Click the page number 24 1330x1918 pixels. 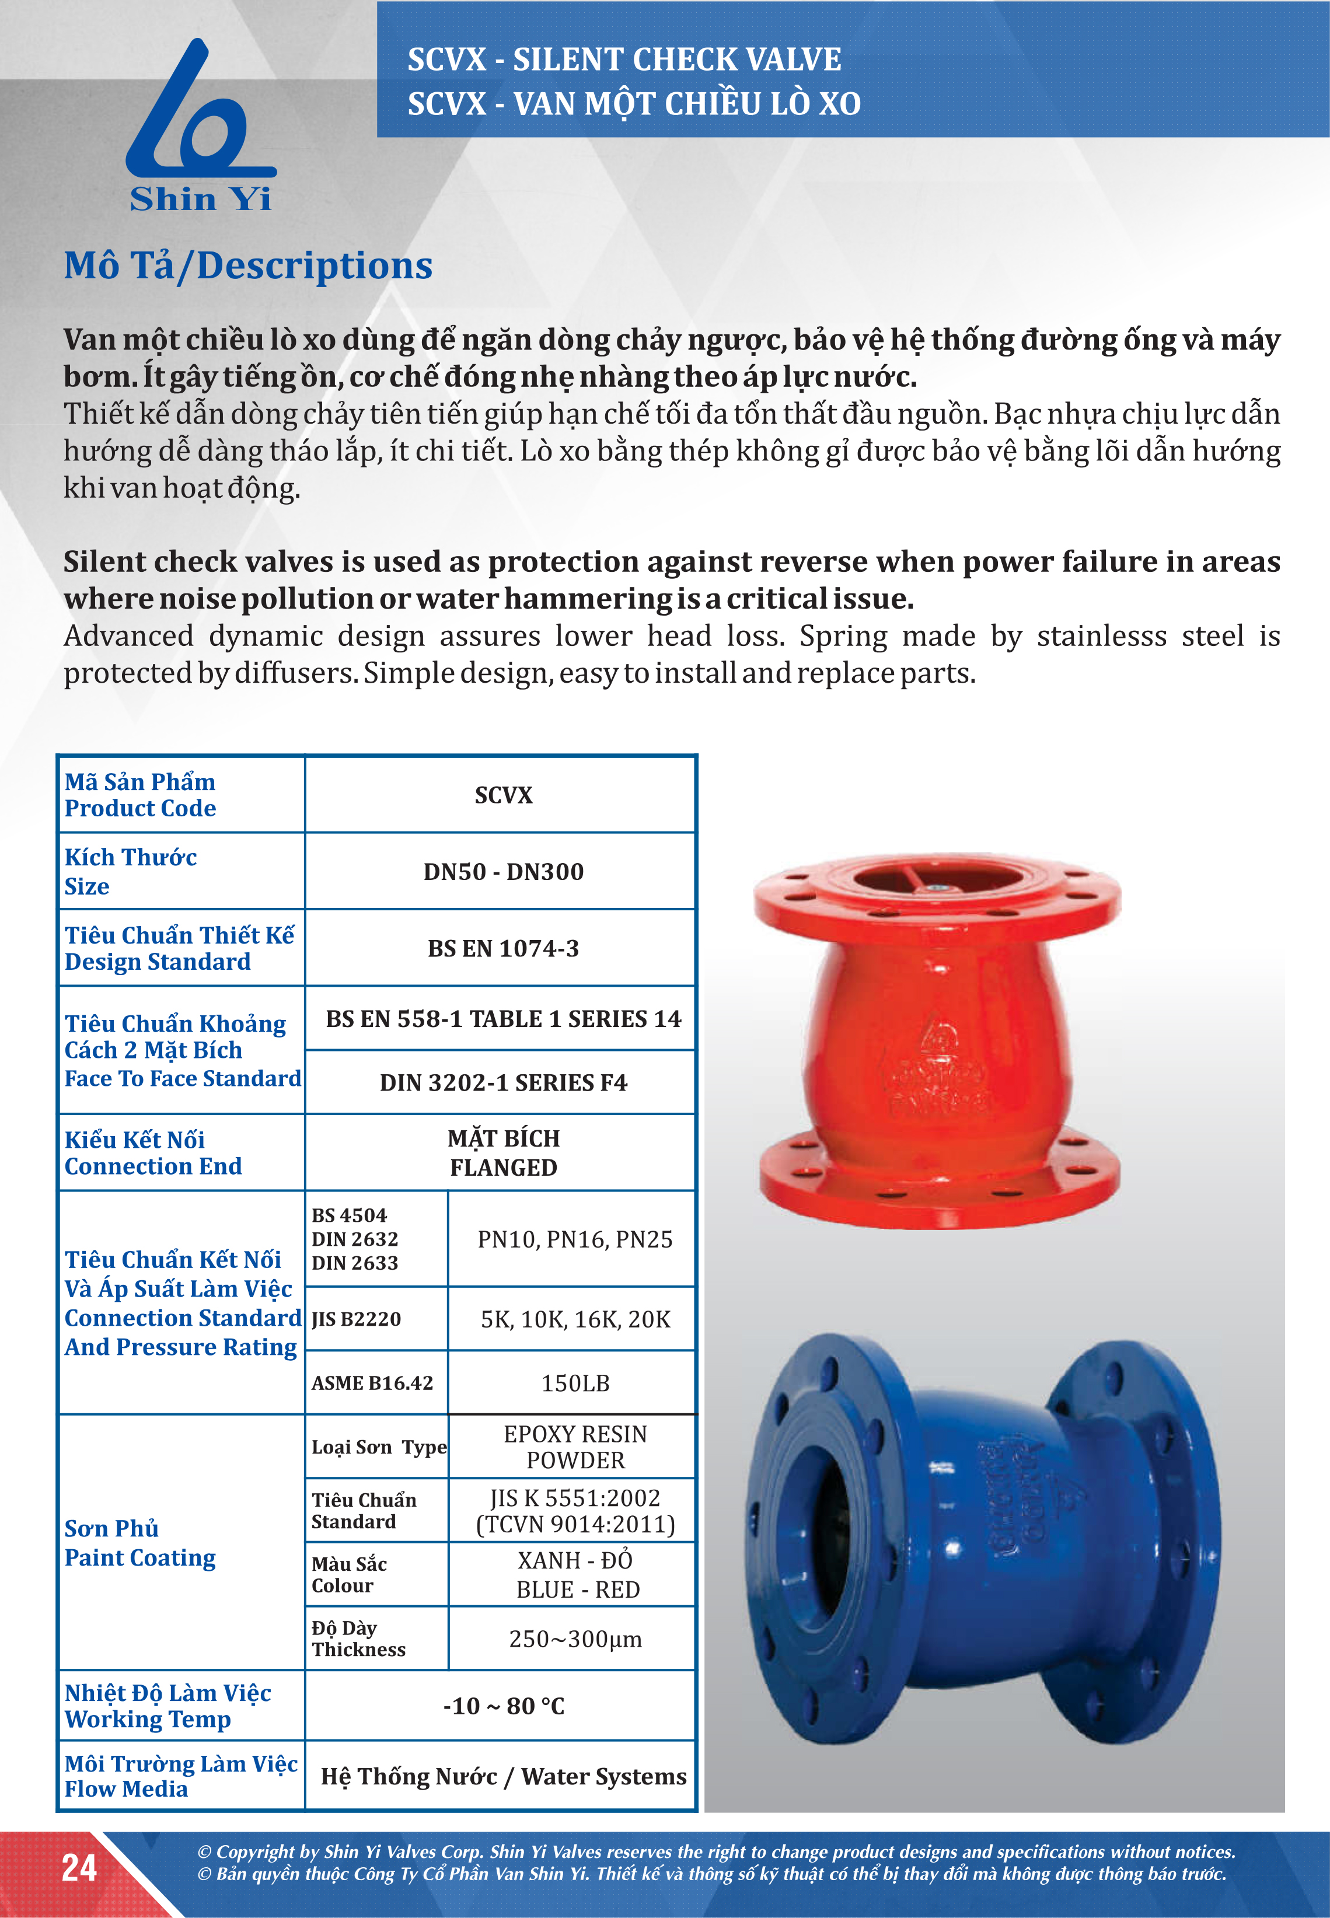[79, 1868]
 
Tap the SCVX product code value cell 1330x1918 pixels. [502, 795]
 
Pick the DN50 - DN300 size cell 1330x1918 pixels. [502, 872]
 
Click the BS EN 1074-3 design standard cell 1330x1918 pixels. [502, 948]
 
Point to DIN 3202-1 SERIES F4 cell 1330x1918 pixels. [502, 1082]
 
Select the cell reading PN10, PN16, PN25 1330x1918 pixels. [574, 1239]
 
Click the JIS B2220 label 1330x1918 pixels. [356, 1319]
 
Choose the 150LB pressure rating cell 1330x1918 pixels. [574, 1383]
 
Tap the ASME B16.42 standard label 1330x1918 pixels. [372, 1383]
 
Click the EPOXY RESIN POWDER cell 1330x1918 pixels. [574, 1447]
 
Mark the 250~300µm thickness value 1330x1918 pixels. [574, 1639]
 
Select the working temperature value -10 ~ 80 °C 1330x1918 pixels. [502, 1706]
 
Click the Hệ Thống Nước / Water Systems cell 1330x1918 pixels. [502, 1776]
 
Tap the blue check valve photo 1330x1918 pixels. [979, 1542]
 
